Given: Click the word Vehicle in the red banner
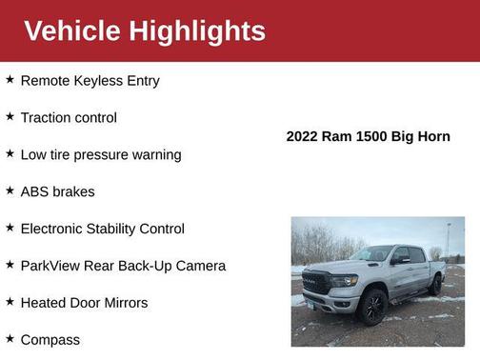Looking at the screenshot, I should pyautogui.click(x=71, y=30).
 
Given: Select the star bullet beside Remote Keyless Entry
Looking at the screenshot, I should pyautogui.click(x=10, y=80).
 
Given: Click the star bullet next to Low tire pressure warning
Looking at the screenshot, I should pyautogui.click(x=10, y=153).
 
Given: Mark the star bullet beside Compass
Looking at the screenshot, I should pyautogui.click(x=10, y=338).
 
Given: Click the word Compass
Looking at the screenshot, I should pyautogui.click(x=50, y=340).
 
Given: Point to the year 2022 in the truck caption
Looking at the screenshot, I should pyautogui.click(x=303, y=136).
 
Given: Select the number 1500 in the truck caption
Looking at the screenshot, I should pyautogui.click(x=372, y=136).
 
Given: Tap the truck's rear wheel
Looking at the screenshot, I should pyautogui.click(x=434, y=285).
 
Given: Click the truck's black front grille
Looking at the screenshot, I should pyautogui.click(x=317, y=283).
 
